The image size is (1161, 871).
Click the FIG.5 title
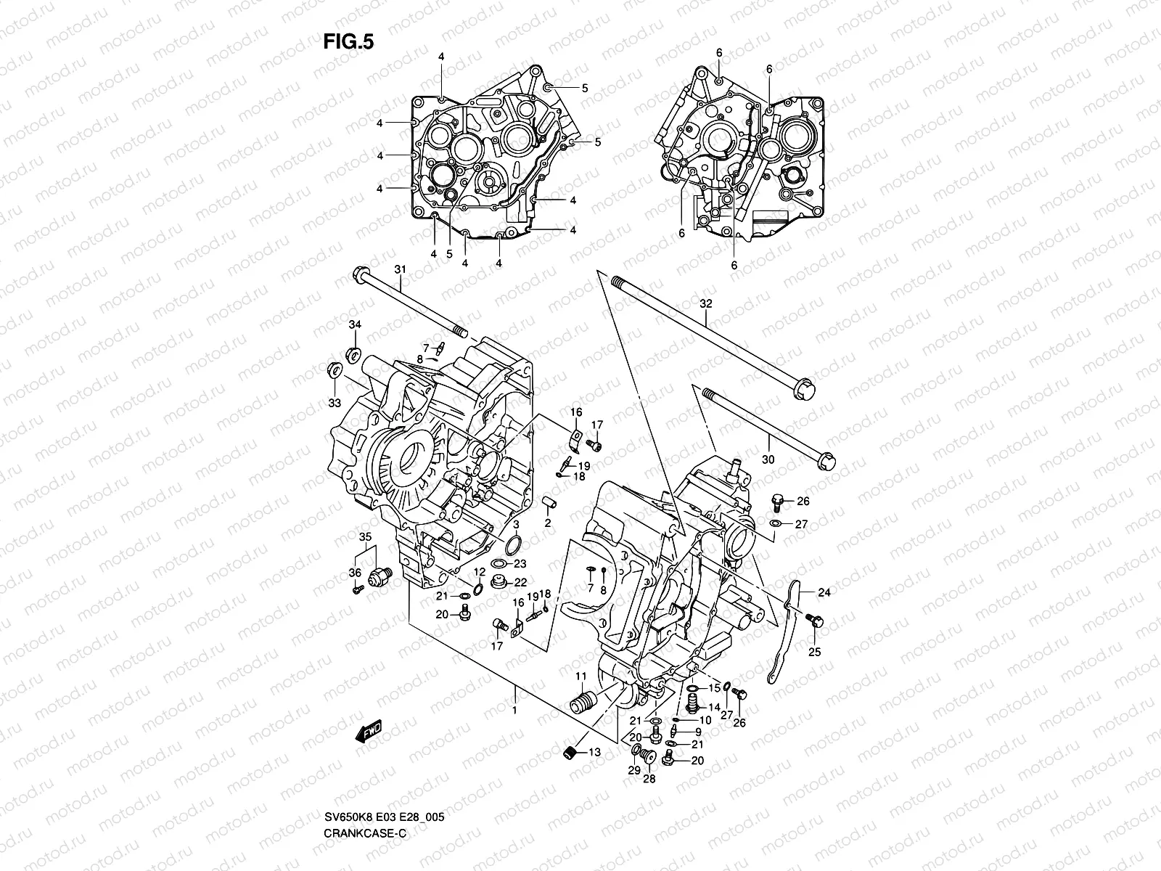click(x=348, y=43)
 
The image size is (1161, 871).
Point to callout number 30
click(x=768, y=459)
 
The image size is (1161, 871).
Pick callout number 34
click(x=355, y=324)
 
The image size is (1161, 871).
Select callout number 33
click(x=334, y=402)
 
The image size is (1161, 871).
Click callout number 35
click(x=365, y=536)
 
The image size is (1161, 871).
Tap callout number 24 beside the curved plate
click(x=824, y=592)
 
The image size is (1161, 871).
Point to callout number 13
click(x=594, y=753)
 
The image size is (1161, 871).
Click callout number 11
click(x=581, y=676)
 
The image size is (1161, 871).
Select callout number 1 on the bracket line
click(x=514, y=710)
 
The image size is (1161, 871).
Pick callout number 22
click(x=521, y=582)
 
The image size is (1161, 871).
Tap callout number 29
click(x=633, y=771)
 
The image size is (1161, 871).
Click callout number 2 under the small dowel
click(x=549, y=523)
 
